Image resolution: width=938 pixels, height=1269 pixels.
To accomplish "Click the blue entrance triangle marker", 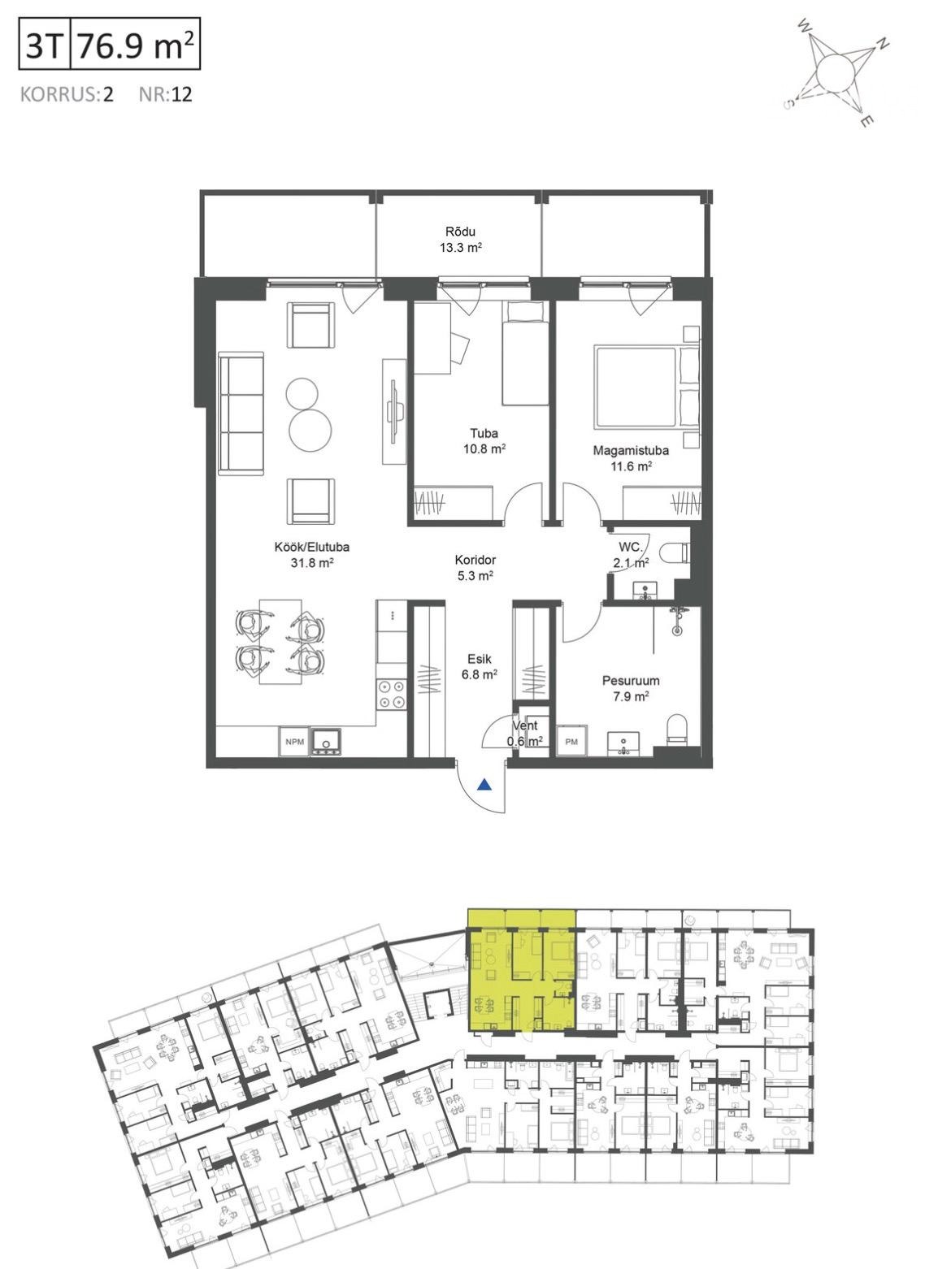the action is [484, 785].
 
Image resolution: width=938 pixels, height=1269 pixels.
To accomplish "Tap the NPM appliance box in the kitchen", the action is [293, 742].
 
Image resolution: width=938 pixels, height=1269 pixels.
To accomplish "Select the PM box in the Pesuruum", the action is [571, 742].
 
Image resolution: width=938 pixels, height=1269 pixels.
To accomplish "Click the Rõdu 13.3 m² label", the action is [461, 240].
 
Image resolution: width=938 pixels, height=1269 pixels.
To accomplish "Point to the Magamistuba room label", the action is [631, 450].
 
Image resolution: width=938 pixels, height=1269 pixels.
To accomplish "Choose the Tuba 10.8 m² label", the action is [484, 440].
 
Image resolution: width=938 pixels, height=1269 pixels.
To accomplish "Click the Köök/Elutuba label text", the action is [311, 547].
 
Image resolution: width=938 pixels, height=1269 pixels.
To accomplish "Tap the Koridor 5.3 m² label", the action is [476, 568].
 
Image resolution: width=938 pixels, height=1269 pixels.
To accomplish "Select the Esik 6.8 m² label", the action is [479, 666].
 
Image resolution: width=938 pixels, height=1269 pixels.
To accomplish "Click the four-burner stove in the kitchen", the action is [391, 694].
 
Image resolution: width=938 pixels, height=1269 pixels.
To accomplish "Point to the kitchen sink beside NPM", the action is [326, 742].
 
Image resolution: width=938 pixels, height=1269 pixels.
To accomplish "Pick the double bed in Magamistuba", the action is [646, 387].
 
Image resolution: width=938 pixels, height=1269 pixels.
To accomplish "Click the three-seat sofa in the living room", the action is [241, 414].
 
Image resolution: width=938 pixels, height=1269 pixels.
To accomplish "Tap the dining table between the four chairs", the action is [280, 641].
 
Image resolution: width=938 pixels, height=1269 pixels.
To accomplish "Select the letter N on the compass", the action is [883, 44].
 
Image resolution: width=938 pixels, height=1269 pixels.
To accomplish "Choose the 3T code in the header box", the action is [44, 45].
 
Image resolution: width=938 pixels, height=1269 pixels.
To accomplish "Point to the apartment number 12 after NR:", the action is [181, 93].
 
